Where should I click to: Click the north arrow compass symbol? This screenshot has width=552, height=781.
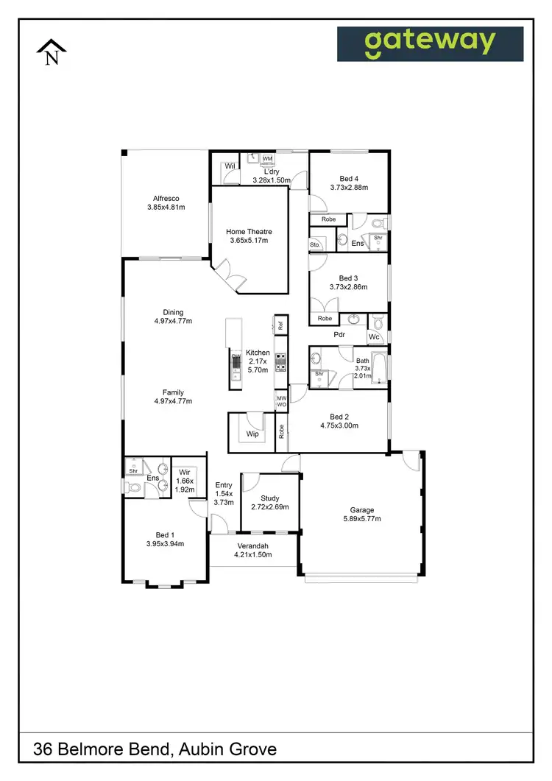pos(52,52)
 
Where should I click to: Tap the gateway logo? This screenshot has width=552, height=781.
pos(430,44)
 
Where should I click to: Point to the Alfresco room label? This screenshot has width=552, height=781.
pos(166,199)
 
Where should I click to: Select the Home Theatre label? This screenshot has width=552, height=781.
pos(247,232)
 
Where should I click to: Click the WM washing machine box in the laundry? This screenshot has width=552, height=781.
pos(267,158)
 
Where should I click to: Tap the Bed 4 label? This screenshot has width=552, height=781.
pos(349,178)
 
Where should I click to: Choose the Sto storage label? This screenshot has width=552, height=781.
pos(314,244)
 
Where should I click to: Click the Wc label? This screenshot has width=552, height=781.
pos(374,337)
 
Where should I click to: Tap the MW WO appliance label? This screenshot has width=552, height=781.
pos(281,401)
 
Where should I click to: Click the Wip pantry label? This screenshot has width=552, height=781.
pos(252,435)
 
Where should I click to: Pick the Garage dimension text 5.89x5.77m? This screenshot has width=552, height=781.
pos(362,519)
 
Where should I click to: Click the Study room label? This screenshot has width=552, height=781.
pos(270,498)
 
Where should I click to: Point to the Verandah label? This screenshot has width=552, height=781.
pos(253,545)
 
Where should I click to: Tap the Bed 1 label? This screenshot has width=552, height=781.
pos(163,535)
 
